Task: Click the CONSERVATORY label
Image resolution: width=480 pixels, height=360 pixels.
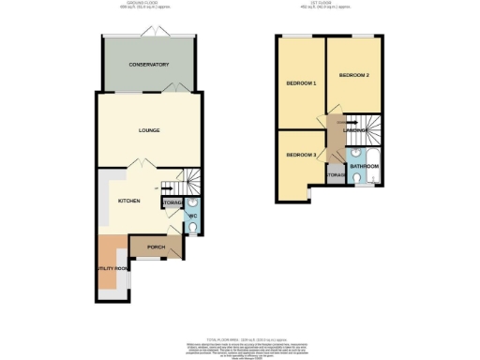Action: click(149, 65)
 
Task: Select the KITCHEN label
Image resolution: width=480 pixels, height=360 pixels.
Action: click(128, 201)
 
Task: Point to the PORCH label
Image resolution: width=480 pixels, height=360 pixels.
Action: click(156, 247)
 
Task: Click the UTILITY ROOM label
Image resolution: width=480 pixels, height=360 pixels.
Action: click(111, 268)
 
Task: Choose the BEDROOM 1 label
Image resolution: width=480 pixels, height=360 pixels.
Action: click(301, 84)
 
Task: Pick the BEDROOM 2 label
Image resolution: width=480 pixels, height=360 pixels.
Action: click(354, 74)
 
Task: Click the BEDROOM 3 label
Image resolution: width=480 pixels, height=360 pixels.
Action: click(301, 155)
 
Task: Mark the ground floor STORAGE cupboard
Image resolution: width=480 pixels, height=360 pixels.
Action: click(172, 202)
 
